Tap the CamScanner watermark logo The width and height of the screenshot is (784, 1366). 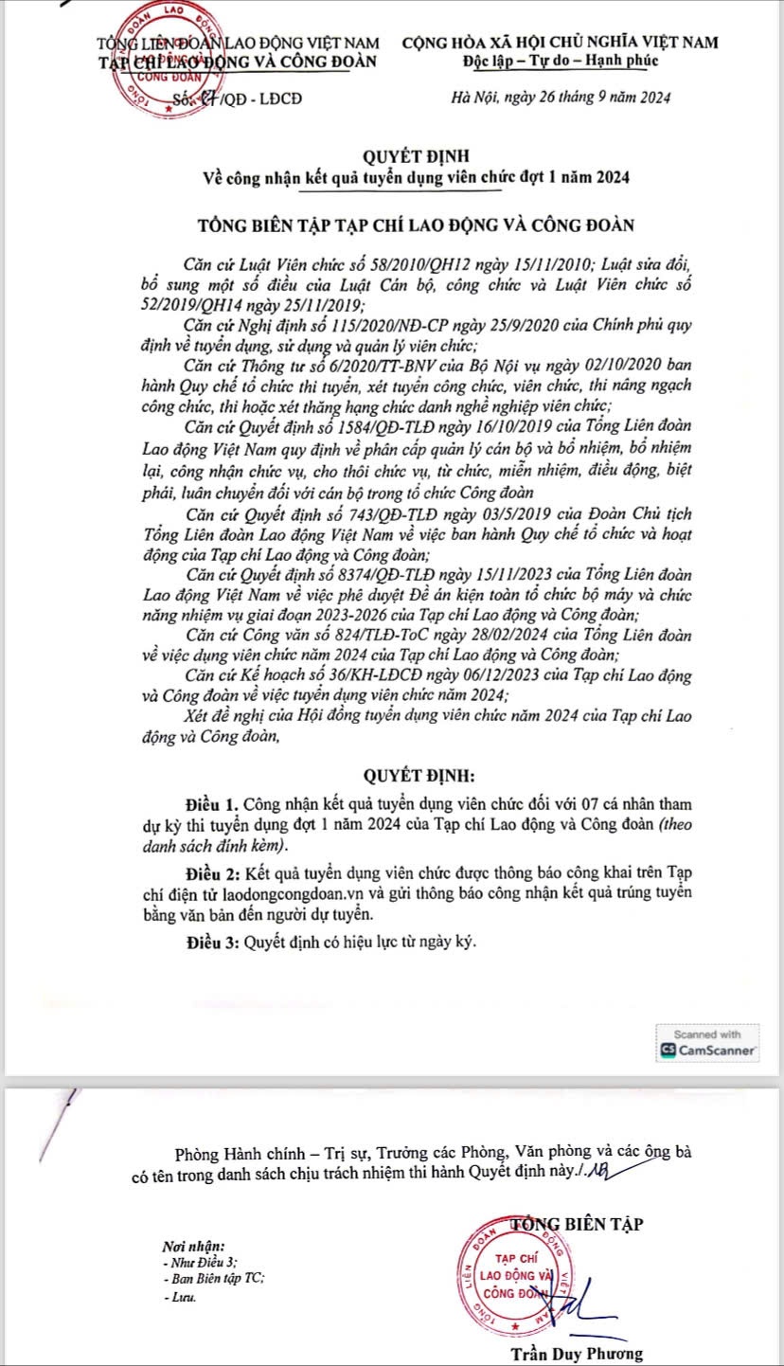(709, 1050)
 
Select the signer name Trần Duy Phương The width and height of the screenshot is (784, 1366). (576, 1353)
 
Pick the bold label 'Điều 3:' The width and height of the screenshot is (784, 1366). (213, 943)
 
